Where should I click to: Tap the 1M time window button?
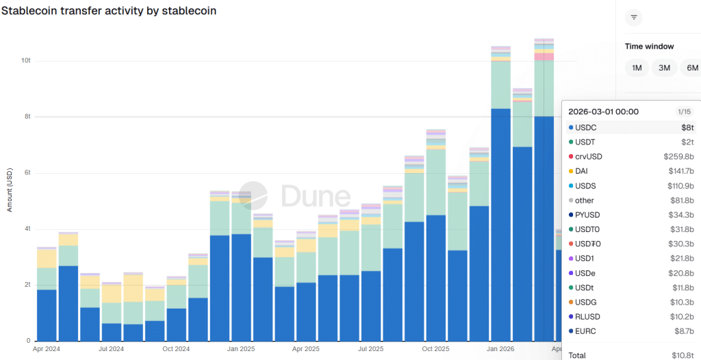[637, 68]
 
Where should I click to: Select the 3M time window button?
[664, 68]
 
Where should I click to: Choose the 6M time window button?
[692, 68]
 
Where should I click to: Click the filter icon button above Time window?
[634, 17]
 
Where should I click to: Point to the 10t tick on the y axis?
[26, 61]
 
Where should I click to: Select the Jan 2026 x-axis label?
[501, 348]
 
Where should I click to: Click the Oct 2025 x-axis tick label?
[435, 348]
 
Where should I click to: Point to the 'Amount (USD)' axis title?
[10, 188]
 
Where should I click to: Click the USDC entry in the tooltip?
[585, 128]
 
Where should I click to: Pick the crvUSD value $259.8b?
[678, 157]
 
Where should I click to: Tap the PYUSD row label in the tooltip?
[587, 215]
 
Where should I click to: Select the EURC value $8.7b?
[682, 331]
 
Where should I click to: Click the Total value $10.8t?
[682, 355]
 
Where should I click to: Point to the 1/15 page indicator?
[684, 112]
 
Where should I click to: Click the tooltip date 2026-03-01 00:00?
[603, 112]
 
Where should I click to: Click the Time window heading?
[649, 47]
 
